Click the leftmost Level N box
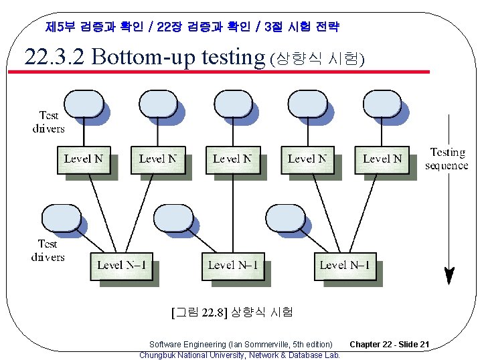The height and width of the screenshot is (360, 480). pyautogui.click(x=84, y=159)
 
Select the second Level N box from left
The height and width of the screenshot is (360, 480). pyautogui.click(x=158, y=159)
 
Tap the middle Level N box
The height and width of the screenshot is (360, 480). pyautogui.click(x=232, y=159)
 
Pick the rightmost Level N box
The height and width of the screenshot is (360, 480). pyautogui.click(x=382, y=159)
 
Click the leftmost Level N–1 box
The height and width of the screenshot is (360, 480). pyautogui.click(x=121, y=265)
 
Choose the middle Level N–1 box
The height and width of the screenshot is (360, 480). pyautogui.click(x=232, y=265)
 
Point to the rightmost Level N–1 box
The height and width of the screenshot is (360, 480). pyautogui.click(x=345, y=265)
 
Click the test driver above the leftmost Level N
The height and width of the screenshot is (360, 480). pyautogui.click(x=84, y=104)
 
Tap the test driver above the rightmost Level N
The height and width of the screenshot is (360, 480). pyautogui.click(x=382, y=104)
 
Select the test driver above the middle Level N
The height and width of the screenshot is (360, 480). pyautogui.click(x=232, y=104)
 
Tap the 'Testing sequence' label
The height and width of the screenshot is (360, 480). pyautogui.click(x=447, y=159)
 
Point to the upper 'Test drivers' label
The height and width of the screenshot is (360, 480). pyautogui.click(x=48, y=122)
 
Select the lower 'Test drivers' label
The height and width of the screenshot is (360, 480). pyautogui.click(x=48, y=250)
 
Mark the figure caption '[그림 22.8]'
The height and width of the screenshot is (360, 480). pyautogui.click(x=199, y=312)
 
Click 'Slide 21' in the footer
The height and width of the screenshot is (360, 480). pyautogui.click(x=414, y=345)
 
